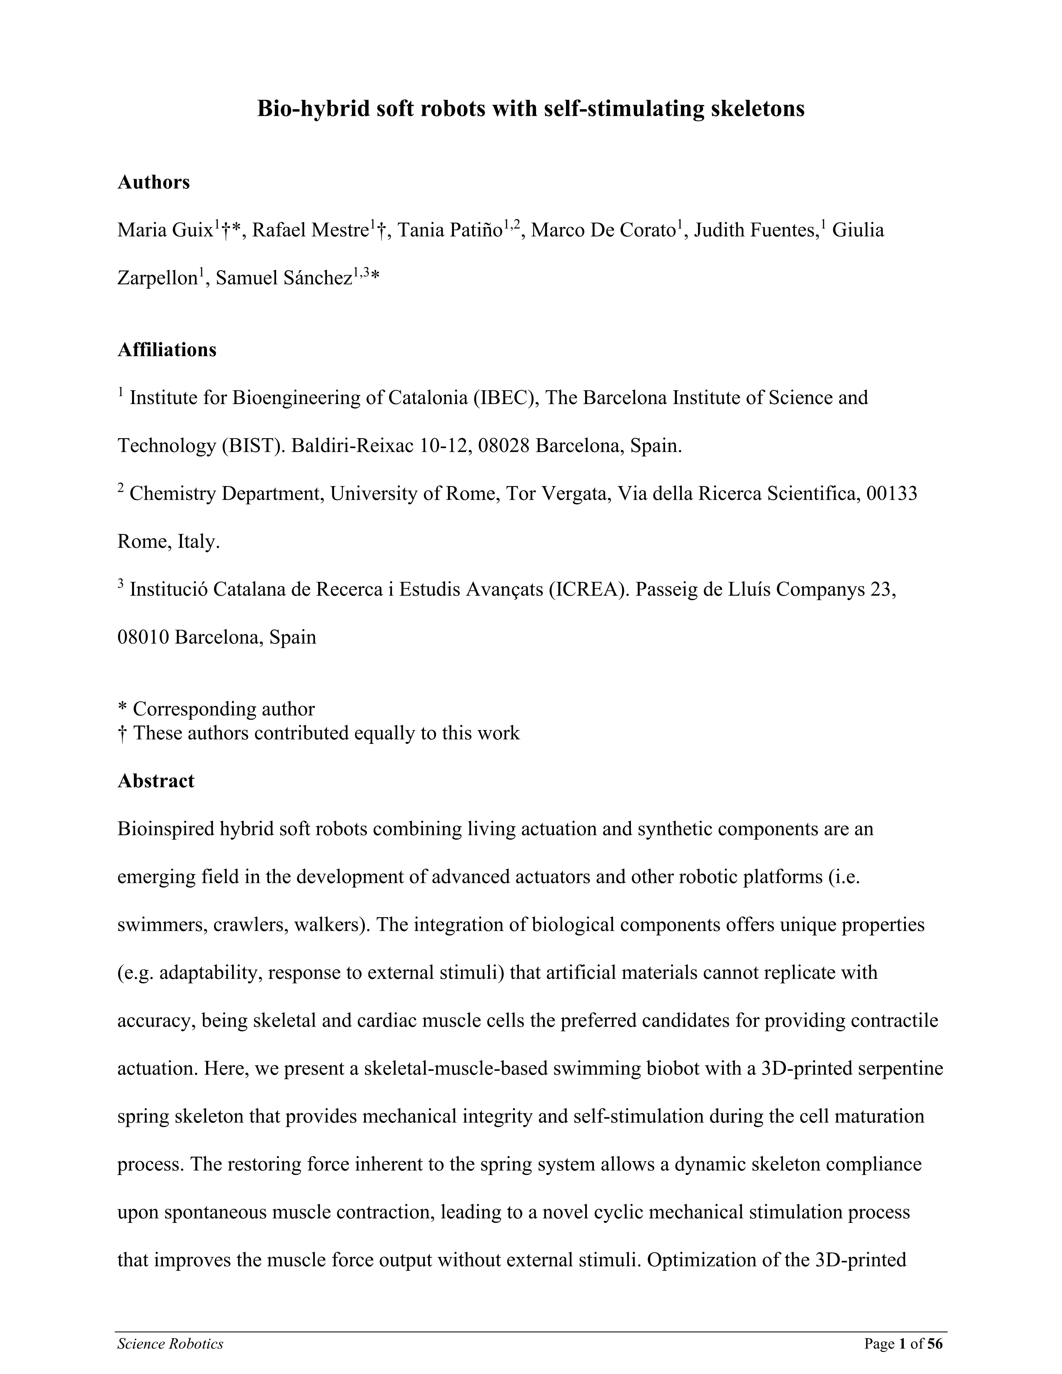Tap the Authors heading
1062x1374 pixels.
pyautogui.click(x=154, y=182)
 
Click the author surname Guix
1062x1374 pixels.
pyautogui.click(x=192, y=231)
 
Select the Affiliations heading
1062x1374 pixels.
pyautogui.click(x=167, y=350)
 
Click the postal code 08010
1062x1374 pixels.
pyautogui.click(x=143, y=637)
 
